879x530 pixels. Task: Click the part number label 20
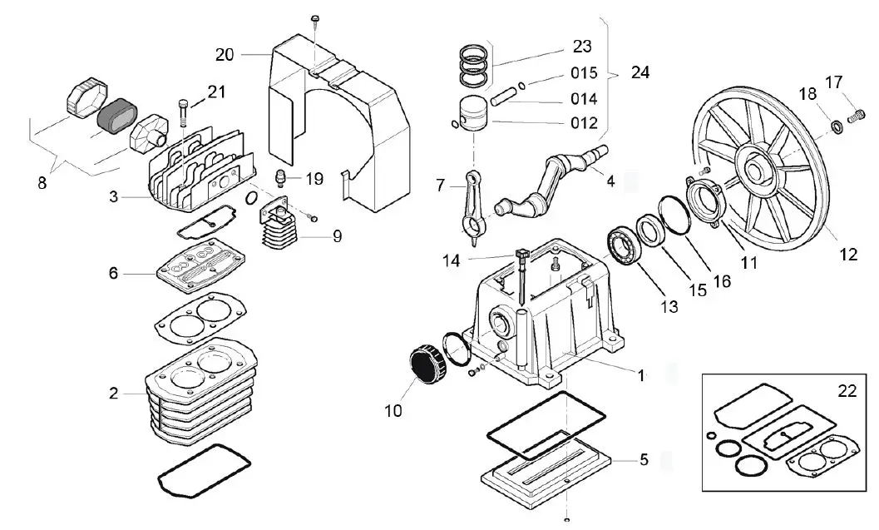225,55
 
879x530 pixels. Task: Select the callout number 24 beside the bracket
639,72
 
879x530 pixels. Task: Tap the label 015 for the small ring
584,73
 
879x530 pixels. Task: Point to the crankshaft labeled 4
549,183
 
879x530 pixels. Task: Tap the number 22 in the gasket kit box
846,388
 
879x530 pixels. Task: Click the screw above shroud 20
314,19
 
